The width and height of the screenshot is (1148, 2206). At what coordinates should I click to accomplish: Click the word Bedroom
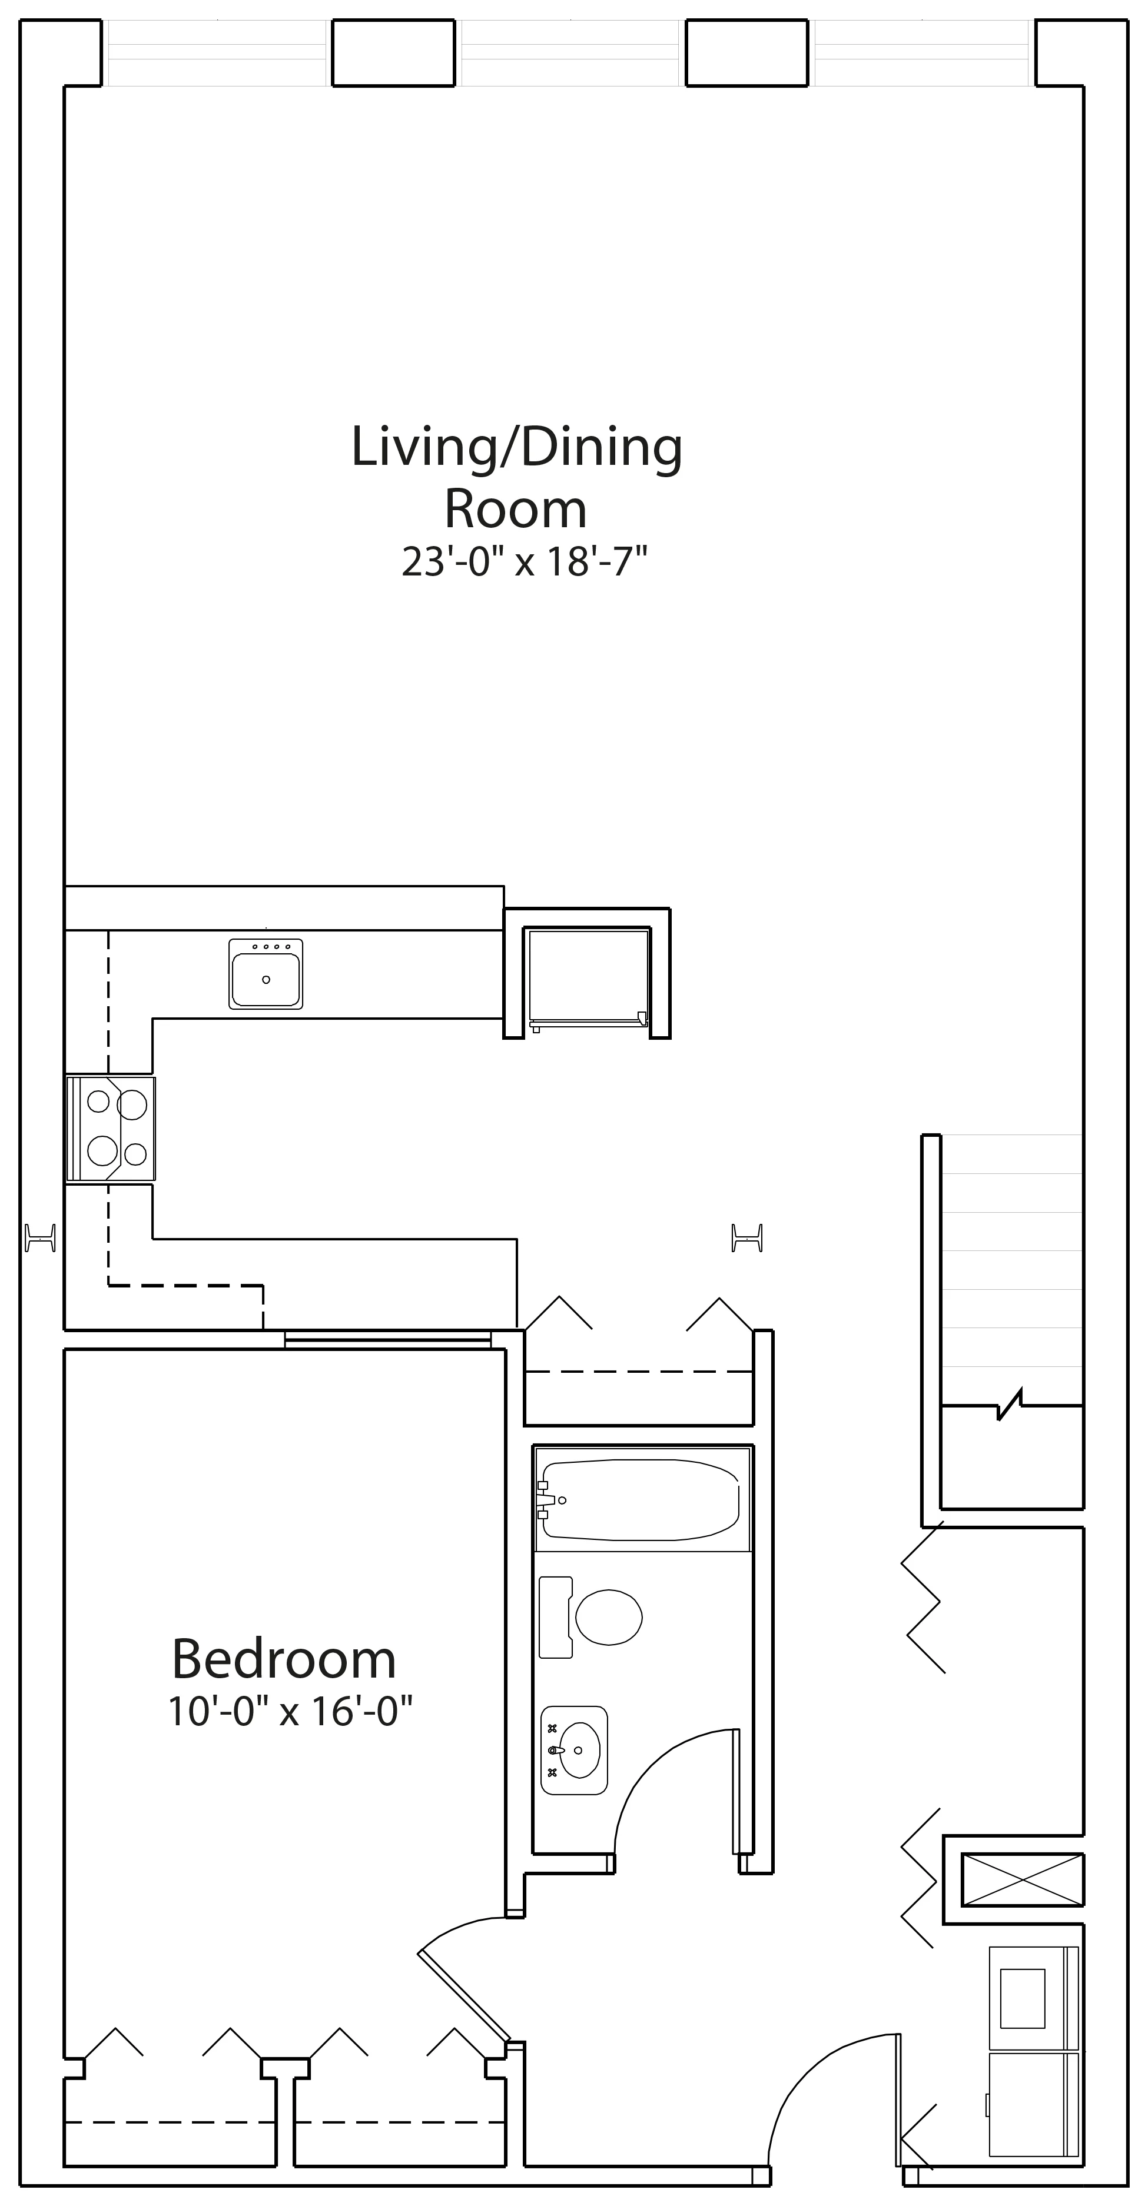284,1659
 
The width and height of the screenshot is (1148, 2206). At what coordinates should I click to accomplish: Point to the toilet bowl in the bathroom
608,1617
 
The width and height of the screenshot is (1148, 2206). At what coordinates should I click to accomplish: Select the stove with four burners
111,1129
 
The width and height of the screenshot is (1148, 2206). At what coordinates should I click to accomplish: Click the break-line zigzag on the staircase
1011,1405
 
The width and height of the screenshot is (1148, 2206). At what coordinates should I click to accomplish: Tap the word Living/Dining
517,447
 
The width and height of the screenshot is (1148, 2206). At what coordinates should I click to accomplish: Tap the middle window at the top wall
570,53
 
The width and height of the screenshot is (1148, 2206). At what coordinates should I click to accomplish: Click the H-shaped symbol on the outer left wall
40,1237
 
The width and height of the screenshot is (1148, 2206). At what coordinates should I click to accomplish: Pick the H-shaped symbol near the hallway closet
747,1237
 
